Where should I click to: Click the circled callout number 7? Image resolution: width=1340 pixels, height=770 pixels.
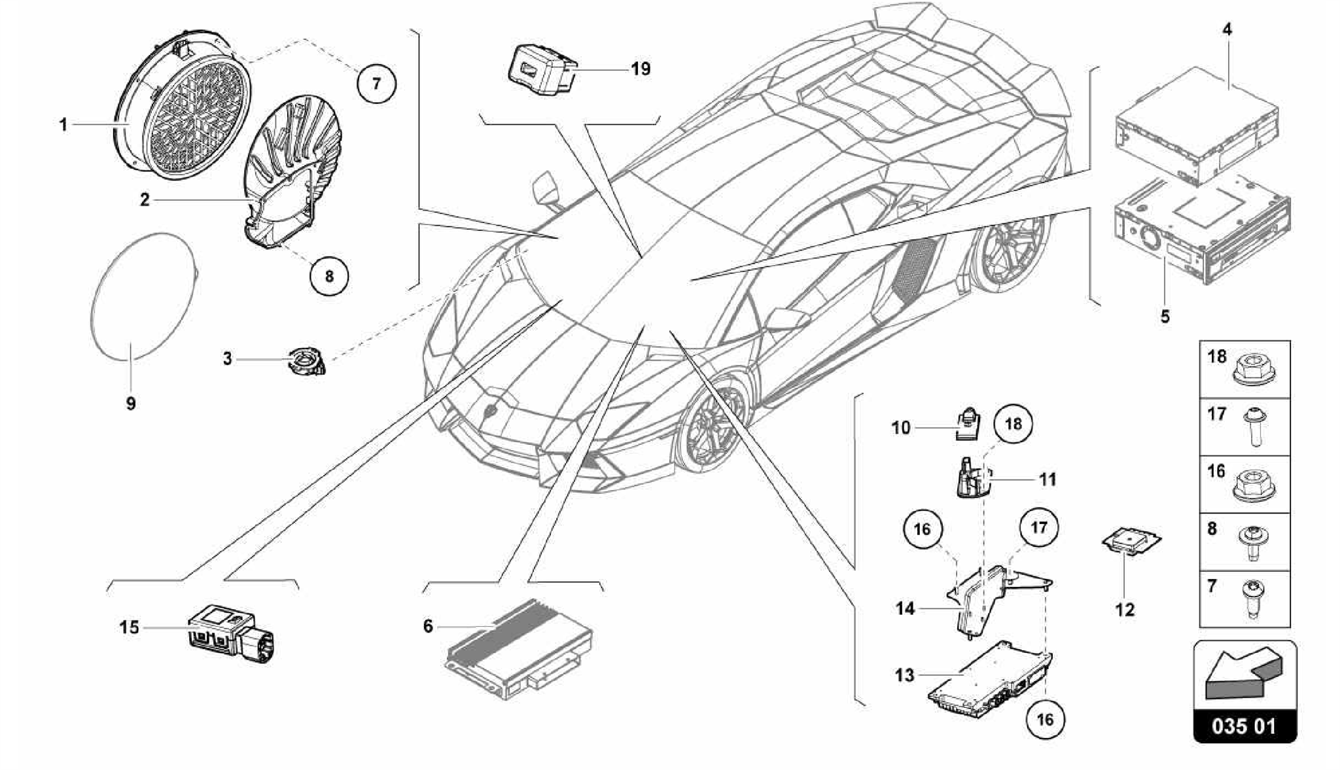[x=376, y=83]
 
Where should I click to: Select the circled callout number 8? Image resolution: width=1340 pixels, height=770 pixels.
[x=329, y=276]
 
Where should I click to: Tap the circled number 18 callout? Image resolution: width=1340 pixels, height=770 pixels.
[x=1013, y=424]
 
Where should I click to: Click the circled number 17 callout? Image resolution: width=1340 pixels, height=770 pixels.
[x=1039, y=527]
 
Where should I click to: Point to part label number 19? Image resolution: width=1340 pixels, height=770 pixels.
[x=641, y=69]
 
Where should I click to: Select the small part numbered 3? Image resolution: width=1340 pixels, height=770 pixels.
[x=306, y=361]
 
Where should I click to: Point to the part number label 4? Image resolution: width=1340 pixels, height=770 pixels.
[x=1227, y=29]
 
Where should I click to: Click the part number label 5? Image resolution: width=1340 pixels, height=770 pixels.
[x=1165, y=317]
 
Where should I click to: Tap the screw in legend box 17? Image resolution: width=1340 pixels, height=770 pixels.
[x=1254, y=427]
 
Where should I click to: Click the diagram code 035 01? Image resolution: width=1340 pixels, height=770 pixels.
[x=1244, y=726]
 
